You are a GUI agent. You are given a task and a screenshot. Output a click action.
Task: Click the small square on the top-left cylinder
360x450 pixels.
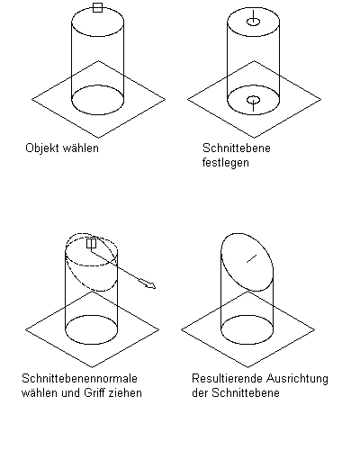97,8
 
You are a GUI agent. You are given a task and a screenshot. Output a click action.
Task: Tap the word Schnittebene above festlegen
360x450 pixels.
237,148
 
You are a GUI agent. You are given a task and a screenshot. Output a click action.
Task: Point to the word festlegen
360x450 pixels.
226,163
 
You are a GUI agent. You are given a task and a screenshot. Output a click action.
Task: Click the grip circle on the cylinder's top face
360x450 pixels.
254,22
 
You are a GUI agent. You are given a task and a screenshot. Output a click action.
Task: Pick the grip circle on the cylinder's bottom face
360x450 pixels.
254,100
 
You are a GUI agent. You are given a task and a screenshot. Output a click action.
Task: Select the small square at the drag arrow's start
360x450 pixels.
91,243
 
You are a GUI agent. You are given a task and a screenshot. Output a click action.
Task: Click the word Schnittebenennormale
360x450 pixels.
79,378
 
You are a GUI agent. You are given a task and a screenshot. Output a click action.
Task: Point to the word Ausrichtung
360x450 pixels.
297,379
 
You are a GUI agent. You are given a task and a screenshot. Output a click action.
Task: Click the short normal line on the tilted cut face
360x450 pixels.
252,258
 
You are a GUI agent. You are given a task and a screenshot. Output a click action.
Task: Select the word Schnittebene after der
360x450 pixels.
246,392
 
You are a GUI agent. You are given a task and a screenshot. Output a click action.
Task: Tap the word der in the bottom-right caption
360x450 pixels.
200,392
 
